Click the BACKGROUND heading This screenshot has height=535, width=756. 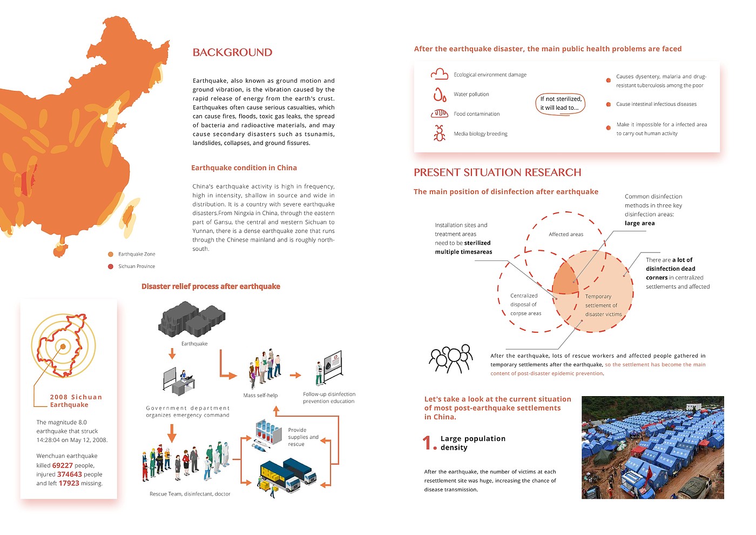[232, 52]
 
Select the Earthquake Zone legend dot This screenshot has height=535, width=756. [111, 254]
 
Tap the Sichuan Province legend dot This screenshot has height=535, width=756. [111, 266]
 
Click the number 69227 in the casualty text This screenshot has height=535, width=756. [63, 465]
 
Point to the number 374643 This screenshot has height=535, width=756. [70, 474]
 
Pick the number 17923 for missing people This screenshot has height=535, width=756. [69, 483]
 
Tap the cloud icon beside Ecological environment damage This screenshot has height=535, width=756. [440, 74]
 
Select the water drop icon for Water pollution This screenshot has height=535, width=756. [440, 95]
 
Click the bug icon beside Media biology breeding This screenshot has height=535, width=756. [440, 133]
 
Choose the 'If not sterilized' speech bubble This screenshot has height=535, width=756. [561, 103]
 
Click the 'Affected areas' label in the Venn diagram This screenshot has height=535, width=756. [566, 235]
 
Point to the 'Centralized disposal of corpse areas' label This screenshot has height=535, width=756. [525, 304]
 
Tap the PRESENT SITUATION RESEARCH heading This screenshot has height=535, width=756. [497, 172]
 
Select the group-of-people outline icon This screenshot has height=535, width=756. [451, 359]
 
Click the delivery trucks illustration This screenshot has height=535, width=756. [288, 474]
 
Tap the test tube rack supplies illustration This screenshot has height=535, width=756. [268, 434]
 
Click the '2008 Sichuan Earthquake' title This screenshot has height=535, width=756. [76, 401]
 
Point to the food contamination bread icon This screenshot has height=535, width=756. [440, 113]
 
